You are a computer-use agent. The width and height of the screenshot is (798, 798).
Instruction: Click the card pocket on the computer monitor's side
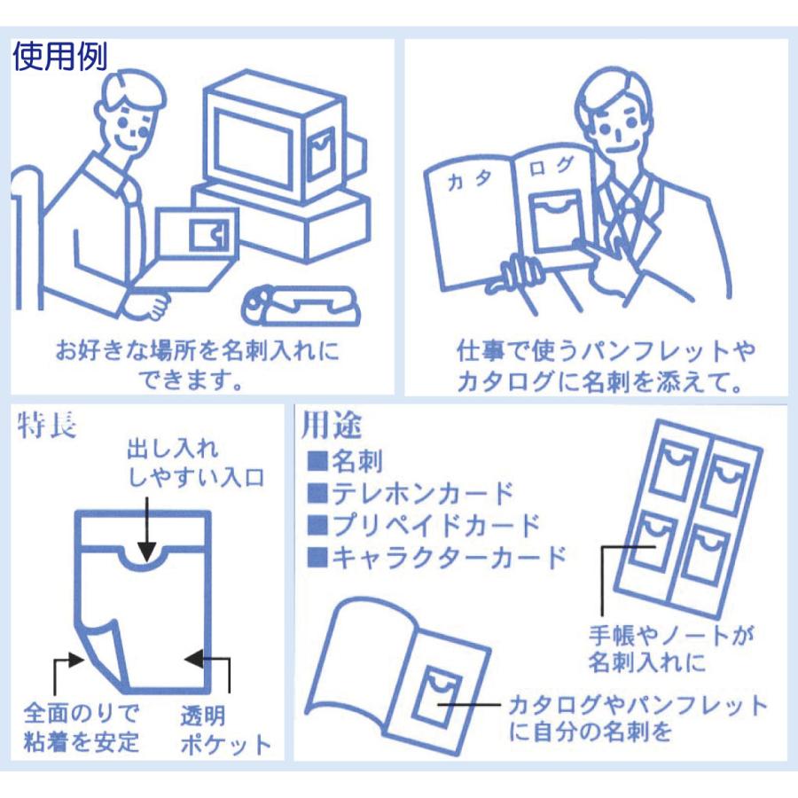click(322, 145)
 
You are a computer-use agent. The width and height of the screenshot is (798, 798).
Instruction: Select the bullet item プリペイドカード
click(423, 525)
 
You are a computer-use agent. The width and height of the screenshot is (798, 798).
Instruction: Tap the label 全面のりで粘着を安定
click(82, 727)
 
